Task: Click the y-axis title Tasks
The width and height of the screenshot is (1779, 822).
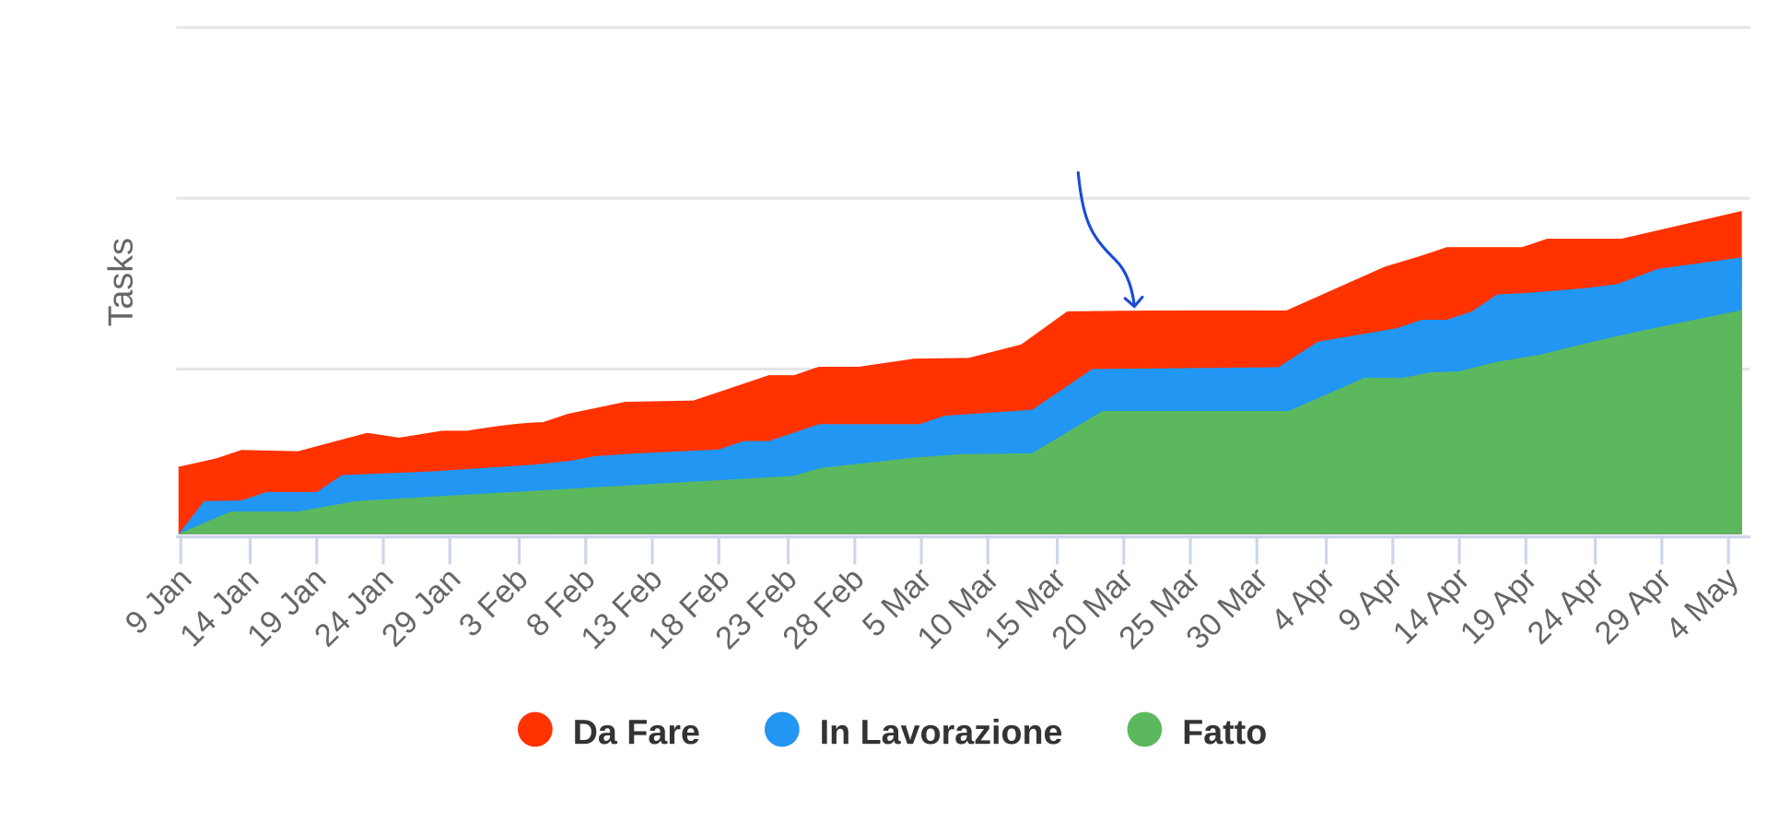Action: click(x=121, y=281)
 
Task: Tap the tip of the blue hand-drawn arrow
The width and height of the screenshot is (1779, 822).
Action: click(x=1133, y=307)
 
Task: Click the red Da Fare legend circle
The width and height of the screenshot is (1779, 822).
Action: click(x=535, y=730)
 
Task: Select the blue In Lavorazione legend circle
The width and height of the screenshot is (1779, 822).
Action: click(x=782, y=730)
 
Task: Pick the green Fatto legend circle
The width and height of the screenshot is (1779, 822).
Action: click(x=1144, y=730)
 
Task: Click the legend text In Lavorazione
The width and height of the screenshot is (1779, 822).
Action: click(x=941, y=733)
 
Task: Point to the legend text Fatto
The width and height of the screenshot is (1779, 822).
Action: click(x=1223, y=733)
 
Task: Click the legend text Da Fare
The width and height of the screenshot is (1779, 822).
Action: click(x=636, y=733)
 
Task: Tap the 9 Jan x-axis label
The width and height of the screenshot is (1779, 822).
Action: click(x=159, y=602)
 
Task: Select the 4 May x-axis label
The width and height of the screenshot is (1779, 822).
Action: click(x=1704, y=604)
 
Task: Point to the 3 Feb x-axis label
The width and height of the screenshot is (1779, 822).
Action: click(x=494, y=604)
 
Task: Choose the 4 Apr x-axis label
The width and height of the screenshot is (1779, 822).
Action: click(x=1303, y=602)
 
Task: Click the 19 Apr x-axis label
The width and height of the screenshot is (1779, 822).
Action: click(x=1498, y=607)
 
